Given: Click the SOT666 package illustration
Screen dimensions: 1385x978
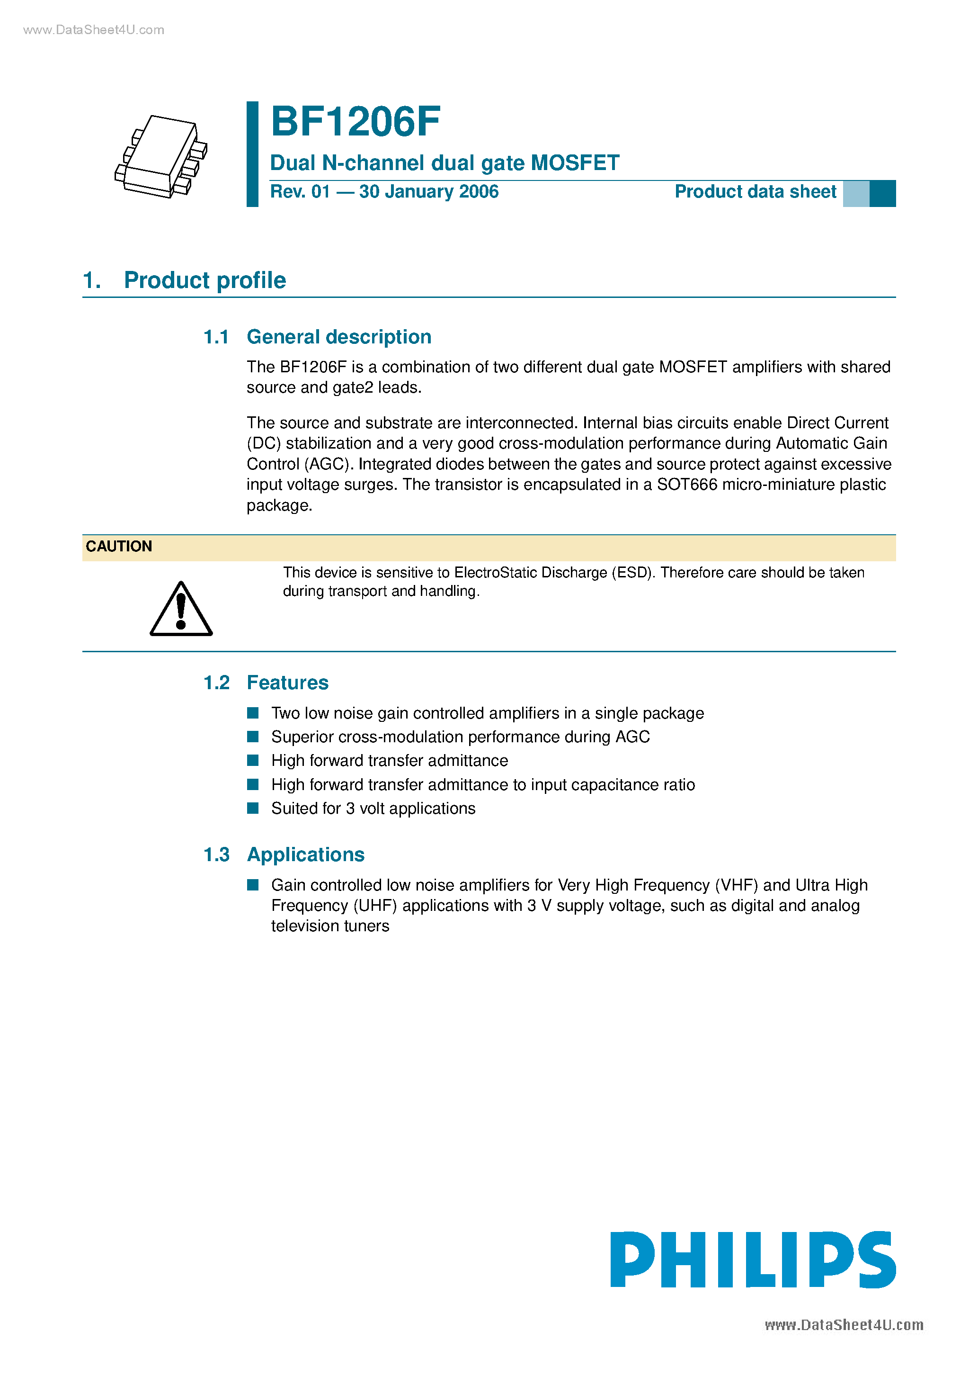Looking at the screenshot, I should (x=161, y=156).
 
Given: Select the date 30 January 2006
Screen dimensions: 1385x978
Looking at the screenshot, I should (x=429, y=192).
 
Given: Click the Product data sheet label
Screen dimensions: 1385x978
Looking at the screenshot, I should (x=755, y=192).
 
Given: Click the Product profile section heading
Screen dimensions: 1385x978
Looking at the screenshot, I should (x=204, y=280).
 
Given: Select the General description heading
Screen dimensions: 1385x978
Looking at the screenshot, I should (x=339, y=337).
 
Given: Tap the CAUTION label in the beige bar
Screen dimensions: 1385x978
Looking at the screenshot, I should (x=119, y=547).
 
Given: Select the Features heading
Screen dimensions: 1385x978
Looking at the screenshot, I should (x=288, y=683).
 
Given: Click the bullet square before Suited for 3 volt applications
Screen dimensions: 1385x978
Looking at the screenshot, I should (x=253, y=809).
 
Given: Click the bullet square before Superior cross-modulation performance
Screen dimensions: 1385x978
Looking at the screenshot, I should (x=253, y=737).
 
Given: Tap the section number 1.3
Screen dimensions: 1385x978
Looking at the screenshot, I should (x=216, y=855).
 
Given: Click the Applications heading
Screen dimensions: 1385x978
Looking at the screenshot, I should (x=306, y=855).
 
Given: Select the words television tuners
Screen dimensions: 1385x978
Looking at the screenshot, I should (x=330, y=926).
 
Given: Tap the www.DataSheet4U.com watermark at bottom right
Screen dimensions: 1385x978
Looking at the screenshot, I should (x=844, y=1325).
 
